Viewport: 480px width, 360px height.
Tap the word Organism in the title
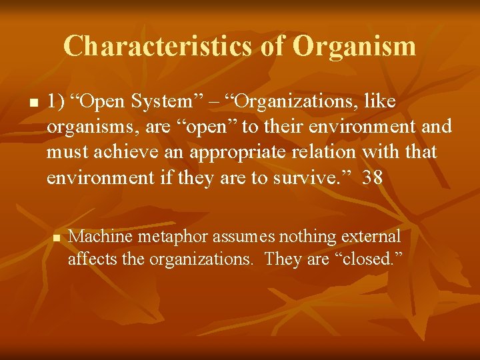click(x=354, y=46)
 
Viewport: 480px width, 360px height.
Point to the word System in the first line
click(x=165, y=101)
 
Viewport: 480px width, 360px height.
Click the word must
click(x=65, y=152)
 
